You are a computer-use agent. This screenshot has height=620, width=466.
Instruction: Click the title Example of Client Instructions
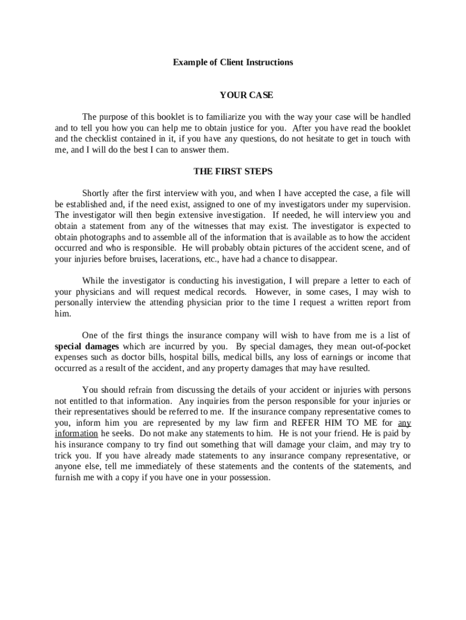[233, 62]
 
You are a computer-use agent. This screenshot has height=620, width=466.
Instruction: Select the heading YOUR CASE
[246, 95]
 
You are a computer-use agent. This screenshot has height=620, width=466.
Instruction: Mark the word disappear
[318, 259]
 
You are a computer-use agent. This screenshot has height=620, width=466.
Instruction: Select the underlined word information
[76, 434]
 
